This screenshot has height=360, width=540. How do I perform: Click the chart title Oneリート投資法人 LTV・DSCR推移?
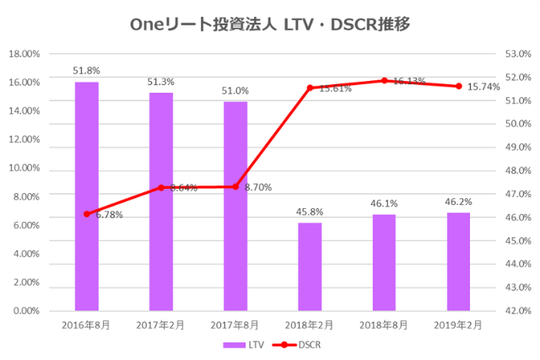coord(270,24)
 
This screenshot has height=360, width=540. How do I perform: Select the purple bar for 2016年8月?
coord(87,196)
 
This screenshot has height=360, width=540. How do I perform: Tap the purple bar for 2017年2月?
coord(161,201)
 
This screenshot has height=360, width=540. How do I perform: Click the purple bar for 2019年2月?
coord(458,261)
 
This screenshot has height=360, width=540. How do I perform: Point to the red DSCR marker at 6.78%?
coord(87,214)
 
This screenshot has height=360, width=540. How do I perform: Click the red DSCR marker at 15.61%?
coord(310,88)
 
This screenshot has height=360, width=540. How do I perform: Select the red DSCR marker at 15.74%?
coord(458,86)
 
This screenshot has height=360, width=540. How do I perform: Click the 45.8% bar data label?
coord(310,212)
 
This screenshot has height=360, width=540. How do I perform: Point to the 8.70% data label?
coord(257,187)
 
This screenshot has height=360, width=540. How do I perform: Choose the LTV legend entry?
coord(244,345)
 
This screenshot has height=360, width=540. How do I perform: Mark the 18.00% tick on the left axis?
coord(24,54)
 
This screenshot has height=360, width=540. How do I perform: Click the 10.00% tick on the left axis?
coord(24,168)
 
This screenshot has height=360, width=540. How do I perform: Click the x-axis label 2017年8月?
coord(235,325)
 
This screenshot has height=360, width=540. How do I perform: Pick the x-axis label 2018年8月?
coord(384,325)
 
